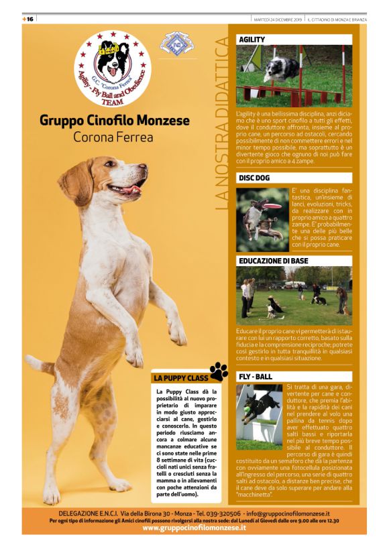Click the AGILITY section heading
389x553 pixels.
252,40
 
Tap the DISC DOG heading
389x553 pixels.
254,178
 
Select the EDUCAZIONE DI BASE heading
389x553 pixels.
274,261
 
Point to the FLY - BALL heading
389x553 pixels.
256,377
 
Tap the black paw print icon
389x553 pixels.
219,371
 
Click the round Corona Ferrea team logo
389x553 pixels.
112,66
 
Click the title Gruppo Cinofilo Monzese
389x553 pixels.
115,121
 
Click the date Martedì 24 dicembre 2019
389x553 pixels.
278,19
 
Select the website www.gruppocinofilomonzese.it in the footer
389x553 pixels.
194,528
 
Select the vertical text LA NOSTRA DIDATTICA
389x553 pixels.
222,124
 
